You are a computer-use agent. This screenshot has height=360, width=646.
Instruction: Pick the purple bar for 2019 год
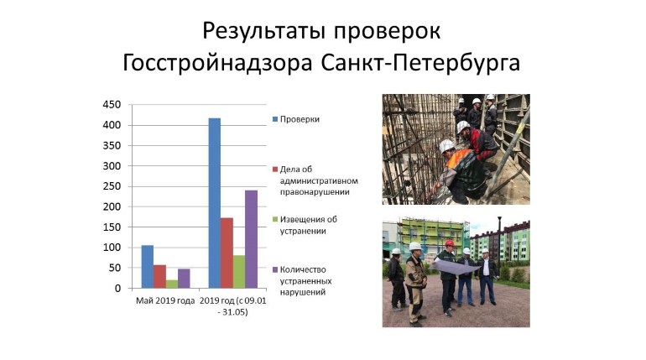pos(251,239)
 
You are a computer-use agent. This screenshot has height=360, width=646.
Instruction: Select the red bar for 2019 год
pos(227,253)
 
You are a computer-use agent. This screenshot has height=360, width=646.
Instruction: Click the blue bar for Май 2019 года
pos(148,267)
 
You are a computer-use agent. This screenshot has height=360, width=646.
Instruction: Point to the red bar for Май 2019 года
pos(159,277)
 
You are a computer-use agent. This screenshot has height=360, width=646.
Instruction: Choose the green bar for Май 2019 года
pos(172,284)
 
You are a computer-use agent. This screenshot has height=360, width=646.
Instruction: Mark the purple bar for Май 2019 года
pos(184,279)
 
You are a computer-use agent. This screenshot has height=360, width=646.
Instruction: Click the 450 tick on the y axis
pos(112,105)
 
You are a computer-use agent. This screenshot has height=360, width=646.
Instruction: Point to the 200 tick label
pos(112,206)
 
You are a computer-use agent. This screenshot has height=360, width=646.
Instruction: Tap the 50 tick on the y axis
pos(115,268)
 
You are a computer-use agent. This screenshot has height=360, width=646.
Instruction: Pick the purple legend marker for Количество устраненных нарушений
pos(274,269)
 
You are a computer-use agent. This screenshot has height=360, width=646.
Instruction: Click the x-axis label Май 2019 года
pos(165,300)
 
